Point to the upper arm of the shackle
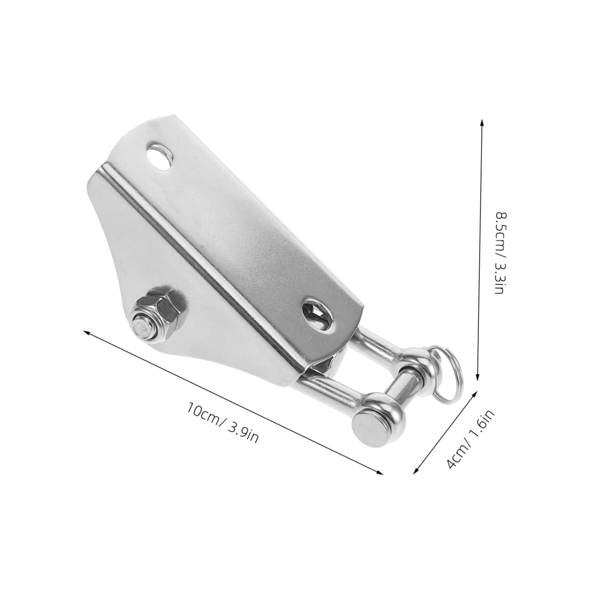376,347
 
